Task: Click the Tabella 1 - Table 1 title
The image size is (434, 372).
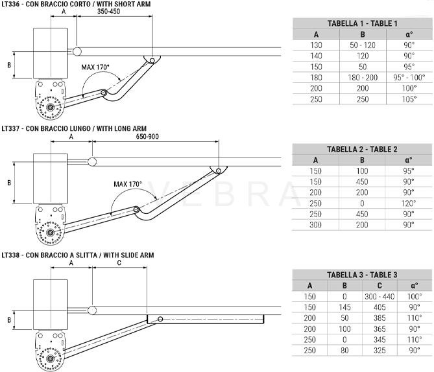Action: pyautogui.click(x=362, y=23)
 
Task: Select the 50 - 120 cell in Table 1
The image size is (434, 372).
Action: pyautogui.click(x=363, y=45)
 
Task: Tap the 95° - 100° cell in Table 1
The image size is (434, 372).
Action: pyautogui.click(x=409, y=77)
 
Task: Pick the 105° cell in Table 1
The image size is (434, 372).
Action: pyautogui.click(x=409, y=99)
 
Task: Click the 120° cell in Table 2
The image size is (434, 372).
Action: pyautogui.click(x=409, y=203)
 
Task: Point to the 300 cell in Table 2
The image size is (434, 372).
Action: pyautogui.click(x=315, y=225)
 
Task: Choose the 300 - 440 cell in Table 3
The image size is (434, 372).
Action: pyautogui.click(x=380, y=296)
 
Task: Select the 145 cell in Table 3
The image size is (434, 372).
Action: pyautogui.click(x=344, y=307)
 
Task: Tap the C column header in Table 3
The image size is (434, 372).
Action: pyautogui.click(x=380, y=285)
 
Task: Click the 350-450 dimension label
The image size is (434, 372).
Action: pyautogui.click(x=108, y=11)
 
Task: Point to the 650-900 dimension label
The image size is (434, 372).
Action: pyautogui.click(x=147, y=136)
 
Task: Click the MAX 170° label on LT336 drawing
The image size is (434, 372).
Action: pyautogui.click(x=95, y=67)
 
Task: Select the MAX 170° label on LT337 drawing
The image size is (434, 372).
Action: pyautogui.click(x=128, y=184)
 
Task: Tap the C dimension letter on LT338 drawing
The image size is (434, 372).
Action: pyautogui.click(x=119, y=262)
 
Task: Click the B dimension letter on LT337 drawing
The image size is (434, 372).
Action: pyautogui.click(x=9, y=183)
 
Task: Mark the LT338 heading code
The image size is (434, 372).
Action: pyautogui.click(x=10, y=255)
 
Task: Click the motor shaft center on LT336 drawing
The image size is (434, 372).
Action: pyautogui.click(x=50, y=107)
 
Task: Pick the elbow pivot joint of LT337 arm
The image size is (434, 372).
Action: pyautogui.click(x=136, y=209)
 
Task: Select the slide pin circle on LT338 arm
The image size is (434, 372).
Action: pyautogui.click(x=160, y=319)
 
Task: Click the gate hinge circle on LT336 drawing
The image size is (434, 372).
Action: pyautogui.click(x=77, y=51)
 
